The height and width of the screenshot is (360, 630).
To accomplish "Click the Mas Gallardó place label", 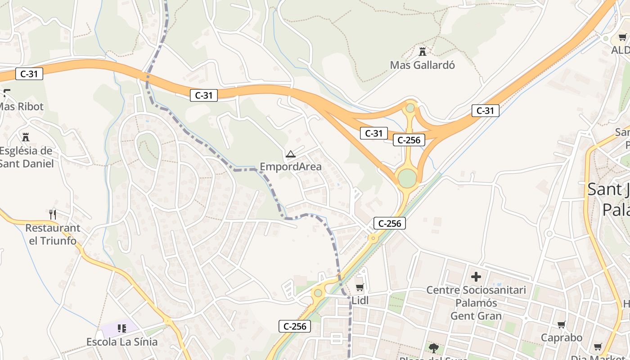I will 422,65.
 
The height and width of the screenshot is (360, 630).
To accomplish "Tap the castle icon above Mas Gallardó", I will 422,51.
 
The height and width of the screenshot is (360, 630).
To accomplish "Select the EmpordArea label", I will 291,166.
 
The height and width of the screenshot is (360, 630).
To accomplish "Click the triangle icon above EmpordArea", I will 291,155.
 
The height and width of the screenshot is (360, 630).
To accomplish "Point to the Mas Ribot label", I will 22,107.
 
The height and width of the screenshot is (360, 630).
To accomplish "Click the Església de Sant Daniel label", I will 26,157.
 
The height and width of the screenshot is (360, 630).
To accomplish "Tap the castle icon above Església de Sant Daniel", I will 26,136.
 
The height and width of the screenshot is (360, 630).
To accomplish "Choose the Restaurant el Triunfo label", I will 53,234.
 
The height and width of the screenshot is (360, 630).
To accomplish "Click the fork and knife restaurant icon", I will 53,214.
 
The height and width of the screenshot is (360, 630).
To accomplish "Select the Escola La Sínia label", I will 122,342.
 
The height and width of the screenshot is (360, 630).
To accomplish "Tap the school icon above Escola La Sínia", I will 122,328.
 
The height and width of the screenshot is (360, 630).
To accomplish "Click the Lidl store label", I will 360,301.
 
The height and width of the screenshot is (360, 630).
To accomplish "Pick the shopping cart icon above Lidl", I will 360,287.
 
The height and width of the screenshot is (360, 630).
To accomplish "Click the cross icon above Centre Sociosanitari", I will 476,276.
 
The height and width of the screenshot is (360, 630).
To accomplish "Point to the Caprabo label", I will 561,337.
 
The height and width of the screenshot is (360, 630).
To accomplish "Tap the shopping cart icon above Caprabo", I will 561,324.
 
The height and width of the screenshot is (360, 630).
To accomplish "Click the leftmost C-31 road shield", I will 29,74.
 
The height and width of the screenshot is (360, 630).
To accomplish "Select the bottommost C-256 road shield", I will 295,326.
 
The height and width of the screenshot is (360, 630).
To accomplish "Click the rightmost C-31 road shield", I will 485,110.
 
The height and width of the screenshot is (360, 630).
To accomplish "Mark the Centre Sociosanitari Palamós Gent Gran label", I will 476,303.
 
